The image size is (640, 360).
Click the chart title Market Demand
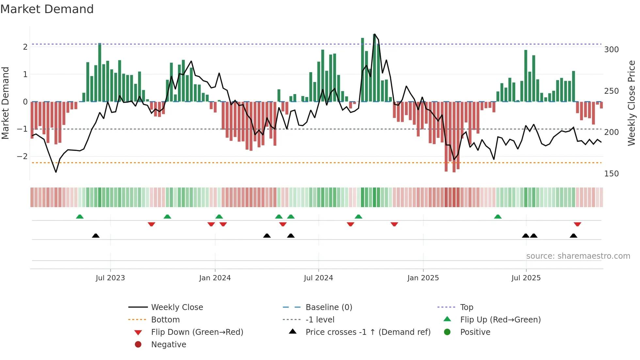47,9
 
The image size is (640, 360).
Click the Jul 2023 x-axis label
110,278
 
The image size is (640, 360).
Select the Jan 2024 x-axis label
215,278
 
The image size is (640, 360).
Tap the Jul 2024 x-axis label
318,278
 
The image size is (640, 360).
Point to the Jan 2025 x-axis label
423,278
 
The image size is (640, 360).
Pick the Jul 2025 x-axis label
526,278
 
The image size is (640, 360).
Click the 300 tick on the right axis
611,50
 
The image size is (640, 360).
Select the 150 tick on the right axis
611,174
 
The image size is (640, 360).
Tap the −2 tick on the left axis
23,156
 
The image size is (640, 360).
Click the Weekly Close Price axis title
632,103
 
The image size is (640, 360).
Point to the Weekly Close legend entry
177,307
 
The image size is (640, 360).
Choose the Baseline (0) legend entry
329,307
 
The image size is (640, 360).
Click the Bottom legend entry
165,320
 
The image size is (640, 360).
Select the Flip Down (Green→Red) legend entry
197,332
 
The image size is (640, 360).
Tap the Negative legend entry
168,345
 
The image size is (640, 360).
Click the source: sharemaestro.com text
578,256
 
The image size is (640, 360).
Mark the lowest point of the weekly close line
56,172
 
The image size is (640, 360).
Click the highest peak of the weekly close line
374,34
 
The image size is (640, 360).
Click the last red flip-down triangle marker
577,224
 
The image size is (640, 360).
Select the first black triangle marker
96,236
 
